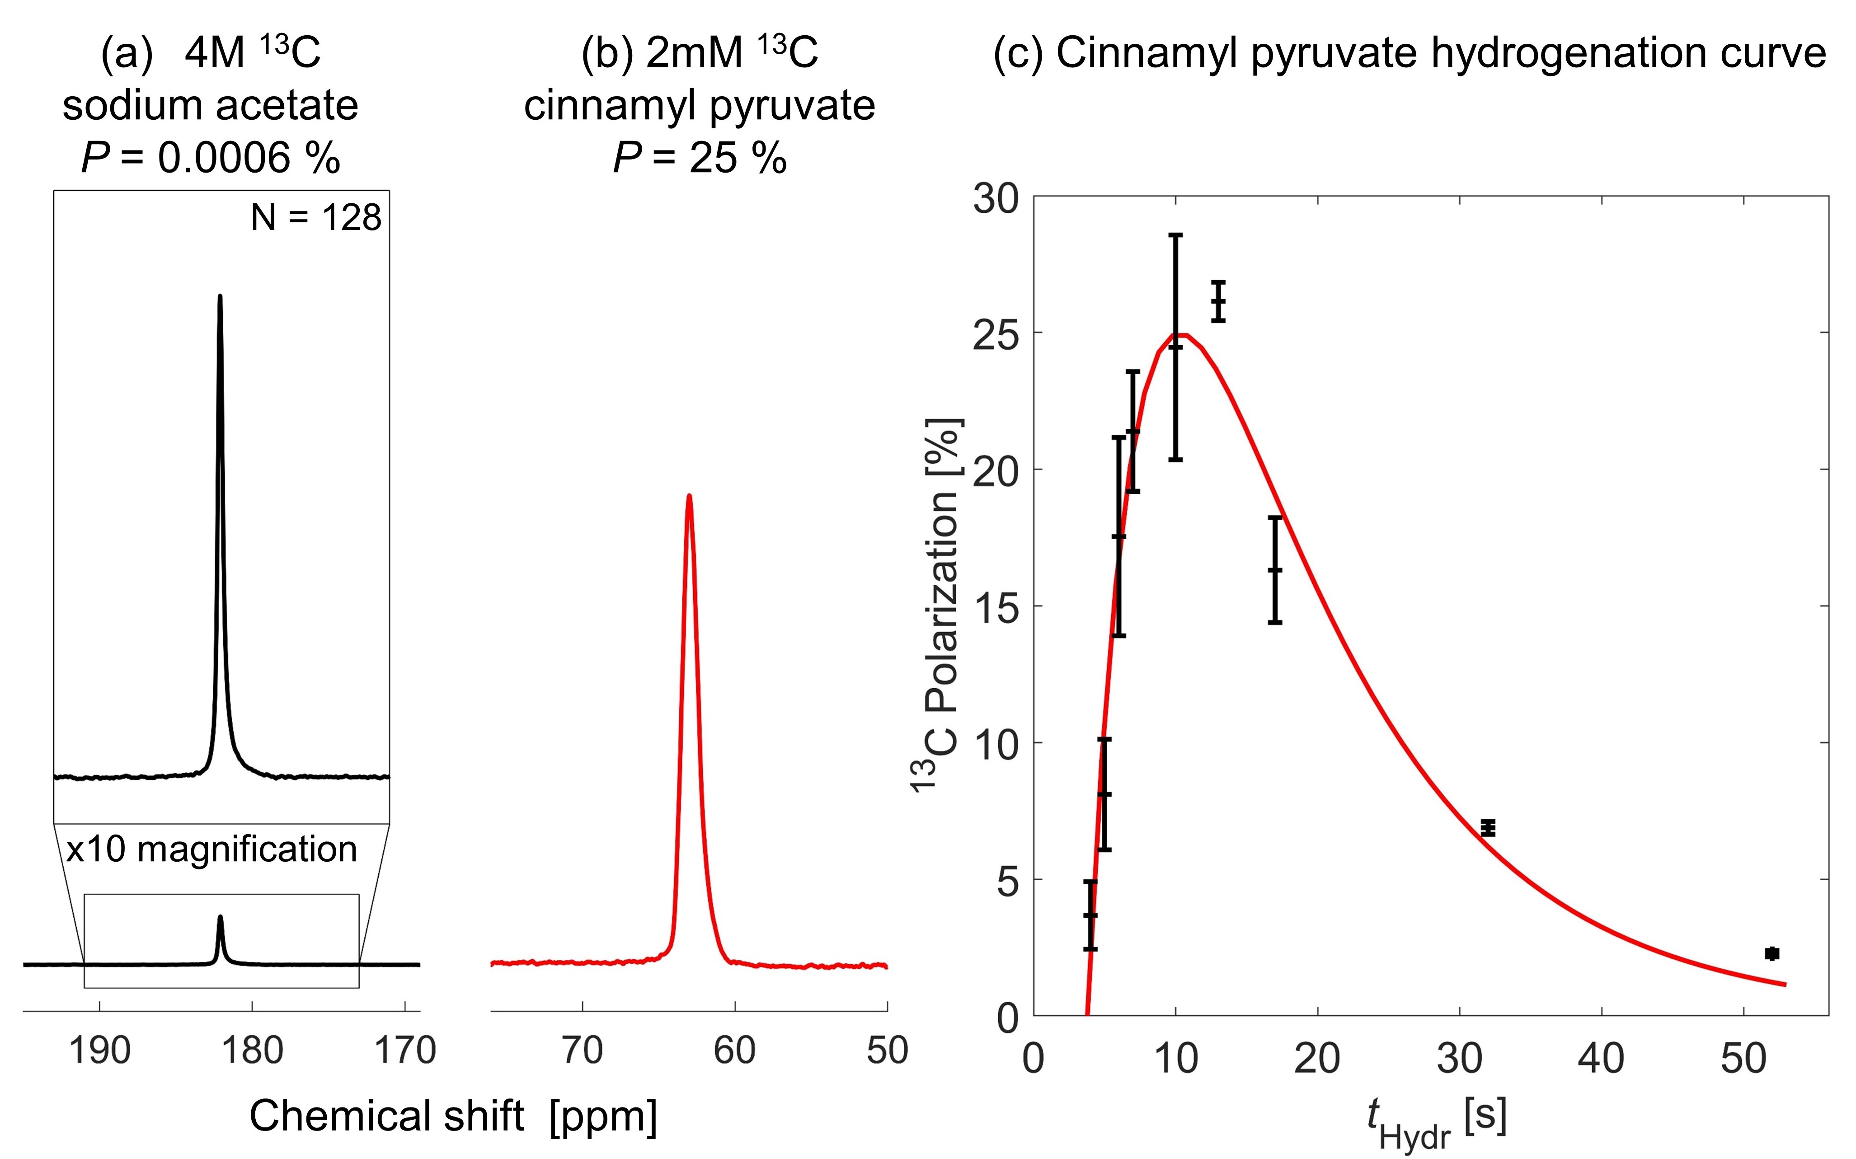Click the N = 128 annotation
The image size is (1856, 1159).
tap(315, 218)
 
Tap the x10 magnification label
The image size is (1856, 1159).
tap(211, 849)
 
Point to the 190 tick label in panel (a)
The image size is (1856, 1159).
tap(100, 1050)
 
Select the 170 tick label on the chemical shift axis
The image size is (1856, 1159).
tap(405, 1050)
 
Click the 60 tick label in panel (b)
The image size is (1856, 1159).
tap(734, 1050)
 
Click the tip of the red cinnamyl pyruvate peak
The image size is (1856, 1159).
tap(689, 496)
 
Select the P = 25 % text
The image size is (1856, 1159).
tap(699, 158)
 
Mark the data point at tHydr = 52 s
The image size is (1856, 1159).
tap(1771, 953)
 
